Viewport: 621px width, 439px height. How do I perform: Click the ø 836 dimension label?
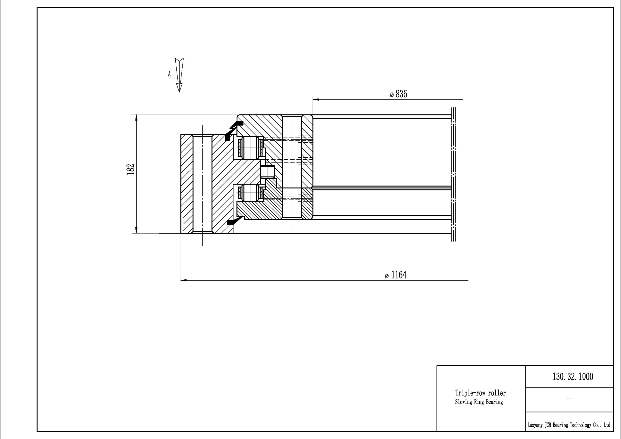click(398, 94)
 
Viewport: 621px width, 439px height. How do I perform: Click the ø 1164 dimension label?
click(395, 275)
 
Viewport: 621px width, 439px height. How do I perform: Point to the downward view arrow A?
click(179, 75)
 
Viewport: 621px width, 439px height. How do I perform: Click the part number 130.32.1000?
click(573, 376)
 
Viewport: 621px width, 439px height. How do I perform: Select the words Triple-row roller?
click(480, 393)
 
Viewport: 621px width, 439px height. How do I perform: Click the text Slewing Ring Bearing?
click(479, 402)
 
